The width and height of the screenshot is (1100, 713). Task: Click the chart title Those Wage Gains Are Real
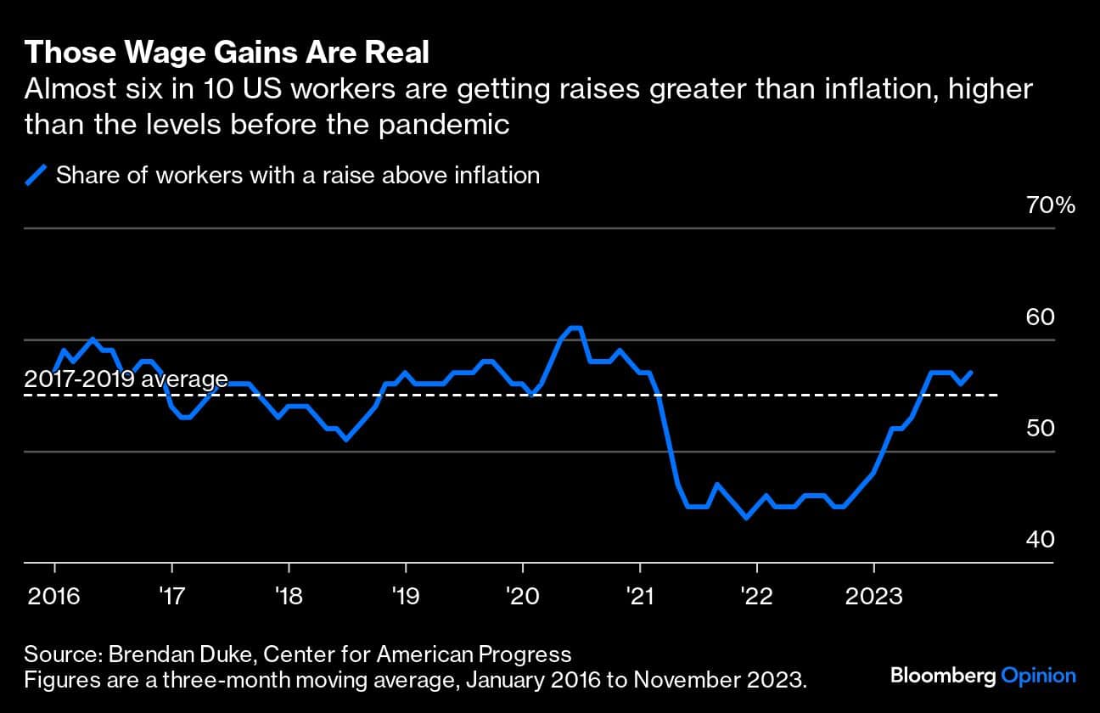click(226, 53)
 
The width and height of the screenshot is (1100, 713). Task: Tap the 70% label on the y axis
click(1052, 205)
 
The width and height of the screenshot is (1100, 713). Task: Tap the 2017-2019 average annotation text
click(126, 379)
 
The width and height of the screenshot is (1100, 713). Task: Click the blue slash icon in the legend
click(36, 176)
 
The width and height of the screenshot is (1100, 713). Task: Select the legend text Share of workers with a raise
click(297, 176)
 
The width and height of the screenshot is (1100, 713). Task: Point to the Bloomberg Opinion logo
click(983, 677)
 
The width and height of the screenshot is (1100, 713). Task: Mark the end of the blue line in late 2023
click(971, 372)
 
